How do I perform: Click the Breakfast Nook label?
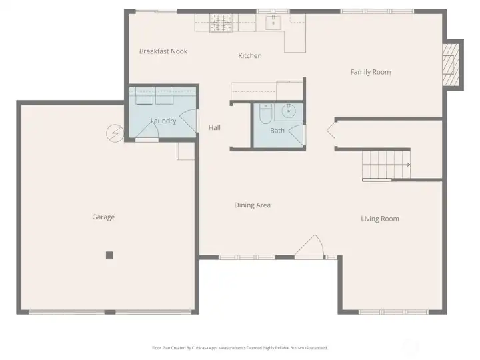(x=163, y=51)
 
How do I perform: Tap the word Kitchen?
(x=250, y=56)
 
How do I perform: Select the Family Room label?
(x=371, y=72)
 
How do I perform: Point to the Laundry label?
(x=163, y=121)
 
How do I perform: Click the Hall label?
(x=214, y=128)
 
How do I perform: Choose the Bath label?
(x=277, y=131)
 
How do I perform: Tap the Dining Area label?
(x=252, y=205)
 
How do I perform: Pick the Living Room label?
(x=380, y=219)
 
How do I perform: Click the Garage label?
(x=103, y=217)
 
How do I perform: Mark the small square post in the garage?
(x=109, y=255)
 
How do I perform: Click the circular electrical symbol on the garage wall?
(x=114, y=133)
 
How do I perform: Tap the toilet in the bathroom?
(x=265, y=115)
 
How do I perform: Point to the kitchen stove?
(x=221, y=24)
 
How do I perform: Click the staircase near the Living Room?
(x=385, y=165)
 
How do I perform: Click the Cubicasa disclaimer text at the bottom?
(x=240, y=347)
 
